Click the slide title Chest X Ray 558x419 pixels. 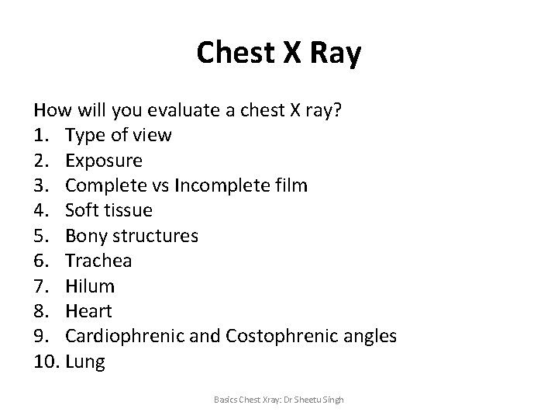click(278, 53)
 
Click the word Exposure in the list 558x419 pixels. click(104, 161)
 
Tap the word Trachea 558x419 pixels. click(98, 261)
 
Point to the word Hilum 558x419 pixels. click(90, 286)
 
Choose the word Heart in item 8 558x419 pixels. click(89, 311)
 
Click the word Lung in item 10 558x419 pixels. click(85, 362)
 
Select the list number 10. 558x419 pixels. click(45, 362)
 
